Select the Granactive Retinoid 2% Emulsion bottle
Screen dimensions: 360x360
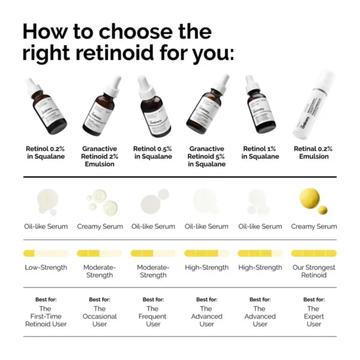coord(100,108)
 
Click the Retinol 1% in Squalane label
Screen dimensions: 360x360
coord(260,152)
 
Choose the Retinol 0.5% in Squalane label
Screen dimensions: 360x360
coord(153,152)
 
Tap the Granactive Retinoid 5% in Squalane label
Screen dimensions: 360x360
coord(206,156)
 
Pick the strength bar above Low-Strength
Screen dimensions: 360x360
coord(46,253)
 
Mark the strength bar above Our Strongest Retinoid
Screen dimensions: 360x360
coord(314,253)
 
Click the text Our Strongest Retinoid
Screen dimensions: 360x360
coord(314,271)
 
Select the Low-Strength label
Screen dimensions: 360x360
coord(46,268)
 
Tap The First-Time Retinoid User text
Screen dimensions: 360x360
coord(46,316)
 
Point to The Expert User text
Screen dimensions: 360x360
coord(314,316)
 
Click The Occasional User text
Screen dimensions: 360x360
coord(100,316)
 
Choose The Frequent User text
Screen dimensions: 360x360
coord(153,316)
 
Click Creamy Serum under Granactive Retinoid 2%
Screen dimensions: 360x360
coord(100,227)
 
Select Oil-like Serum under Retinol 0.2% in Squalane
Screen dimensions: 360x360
coord(46,227)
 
